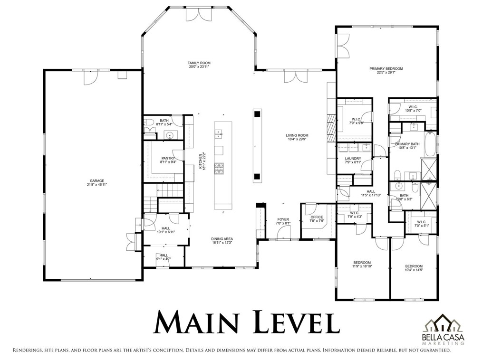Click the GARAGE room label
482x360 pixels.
(97, 180)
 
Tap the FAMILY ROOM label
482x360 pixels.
(199, 63)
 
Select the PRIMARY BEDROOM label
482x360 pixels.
(386, 69)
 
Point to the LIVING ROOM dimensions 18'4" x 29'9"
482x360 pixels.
(297, 140)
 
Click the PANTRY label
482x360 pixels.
(168, 158)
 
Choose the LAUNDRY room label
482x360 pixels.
(353, 159)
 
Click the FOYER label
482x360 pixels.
(282, 219)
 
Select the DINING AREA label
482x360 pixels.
(222, 239)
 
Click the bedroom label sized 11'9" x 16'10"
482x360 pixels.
(362, 263)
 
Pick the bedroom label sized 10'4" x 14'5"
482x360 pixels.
(414, 266)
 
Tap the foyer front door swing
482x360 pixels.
(284, 233)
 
